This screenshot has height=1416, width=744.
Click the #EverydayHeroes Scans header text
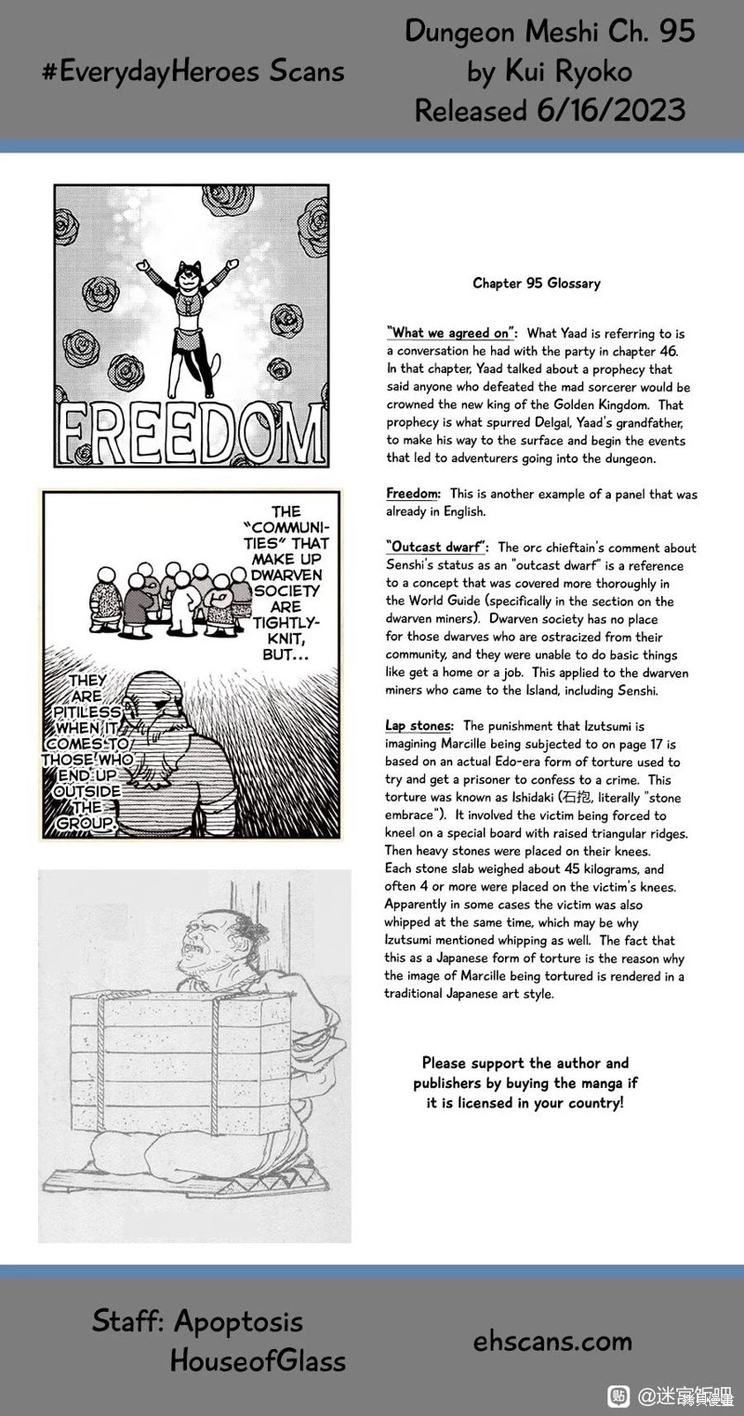pos(193,72)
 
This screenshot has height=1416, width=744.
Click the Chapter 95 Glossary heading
pos(536,283)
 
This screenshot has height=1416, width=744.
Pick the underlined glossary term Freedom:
pos(413,494)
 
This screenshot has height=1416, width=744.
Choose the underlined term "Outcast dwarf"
pos(437,548)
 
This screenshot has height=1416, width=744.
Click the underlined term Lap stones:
pos(419,725)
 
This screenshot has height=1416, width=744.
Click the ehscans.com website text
pos(552,1341)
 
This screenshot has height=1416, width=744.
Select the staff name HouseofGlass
pos(258,1361)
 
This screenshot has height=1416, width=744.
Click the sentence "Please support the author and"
pos(525,1063)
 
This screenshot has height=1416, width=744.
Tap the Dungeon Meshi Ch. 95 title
pos(550,32)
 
